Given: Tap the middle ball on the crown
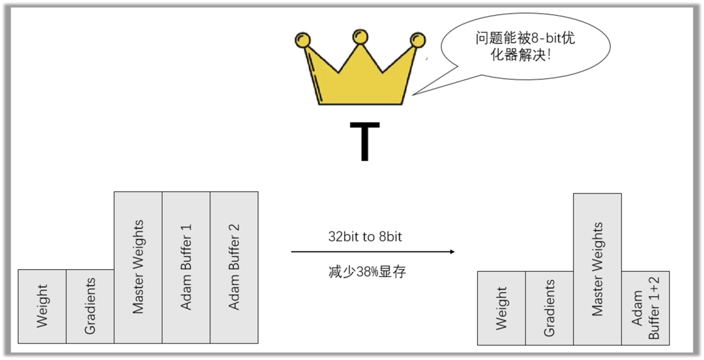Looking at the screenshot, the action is (360, 37).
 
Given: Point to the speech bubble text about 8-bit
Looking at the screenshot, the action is (525, 46).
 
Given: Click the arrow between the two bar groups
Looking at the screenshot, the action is (372, 252).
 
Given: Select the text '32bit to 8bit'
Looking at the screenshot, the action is (365, 237).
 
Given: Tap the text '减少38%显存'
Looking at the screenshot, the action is (367, 272).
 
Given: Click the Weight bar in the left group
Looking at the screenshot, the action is (42, 306).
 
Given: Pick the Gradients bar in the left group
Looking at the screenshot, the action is (90, 306).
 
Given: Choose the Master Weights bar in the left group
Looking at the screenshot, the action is (138, 267).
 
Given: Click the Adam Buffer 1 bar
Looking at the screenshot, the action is (186, 267).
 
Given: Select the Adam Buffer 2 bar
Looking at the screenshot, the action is (234, 267).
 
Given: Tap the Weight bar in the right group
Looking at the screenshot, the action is (501, 308).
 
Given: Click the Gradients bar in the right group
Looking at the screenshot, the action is (550, 308).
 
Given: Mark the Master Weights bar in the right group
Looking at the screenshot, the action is (597, 269).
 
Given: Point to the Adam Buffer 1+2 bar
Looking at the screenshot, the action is (645, 308).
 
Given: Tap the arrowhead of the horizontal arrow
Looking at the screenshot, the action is (452, 252).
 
